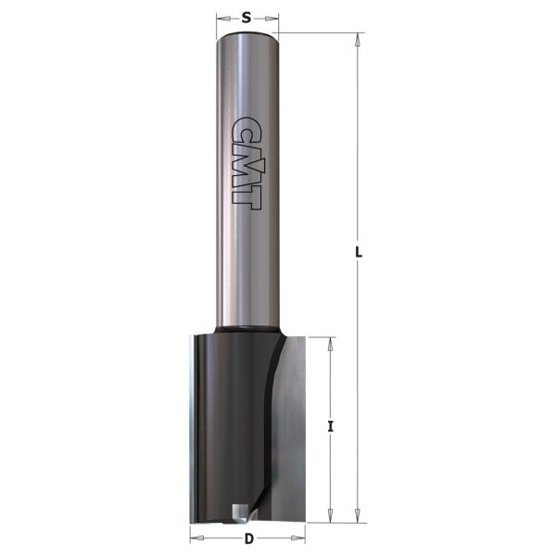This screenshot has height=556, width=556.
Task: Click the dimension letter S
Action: [247, 16]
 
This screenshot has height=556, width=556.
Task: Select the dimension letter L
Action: [360, 253]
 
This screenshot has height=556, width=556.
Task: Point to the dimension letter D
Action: [248, 539]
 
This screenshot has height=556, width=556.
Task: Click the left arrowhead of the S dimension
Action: [221, 18]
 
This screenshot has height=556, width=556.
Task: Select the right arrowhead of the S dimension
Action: [274, 18]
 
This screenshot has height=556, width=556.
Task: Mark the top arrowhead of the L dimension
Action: [356, 38]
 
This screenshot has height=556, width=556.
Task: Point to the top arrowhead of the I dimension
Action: [331, 342]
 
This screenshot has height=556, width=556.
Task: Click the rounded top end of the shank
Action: [247, 37]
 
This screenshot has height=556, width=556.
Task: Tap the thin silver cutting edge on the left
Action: [192, 426]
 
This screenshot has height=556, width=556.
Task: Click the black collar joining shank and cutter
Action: [247, 328]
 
